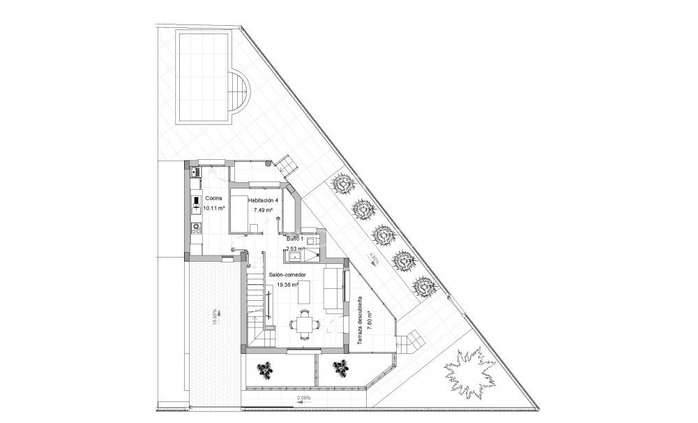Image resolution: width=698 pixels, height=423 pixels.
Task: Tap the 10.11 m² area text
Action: pyautogui.click(x=214, y=208)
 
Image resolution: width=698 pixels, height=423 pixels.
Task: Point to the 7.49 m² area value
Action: pyautogui.click(x=263, y=209)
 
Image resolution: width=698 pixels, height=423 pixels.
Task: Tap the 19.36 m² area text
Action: pyautogui.click(x=288, y=285)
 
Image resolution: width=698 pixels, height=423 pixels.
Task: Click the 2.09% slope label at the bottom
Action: pyautogui.click(x=305, y=399)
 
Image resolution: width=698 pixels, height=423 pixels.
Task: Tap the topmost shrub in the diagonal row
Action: pyautogui.click(x=342, y=184)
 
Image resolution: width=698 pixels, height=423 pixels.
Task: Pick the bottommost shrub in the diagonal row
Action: pyautogui.click(x=423, y=285)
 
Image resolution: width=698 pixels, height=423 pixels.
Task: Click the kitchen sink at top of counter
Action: pyautogui.click(x=197, y=172)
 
